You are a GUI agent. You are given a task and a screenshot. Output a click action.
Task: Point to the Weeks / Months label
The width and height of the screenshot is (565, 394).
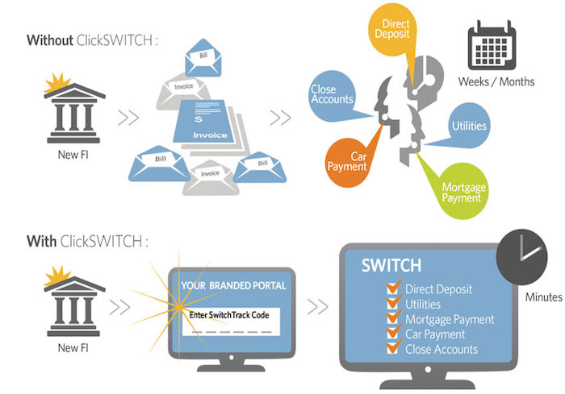click(x=496, y=81)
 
